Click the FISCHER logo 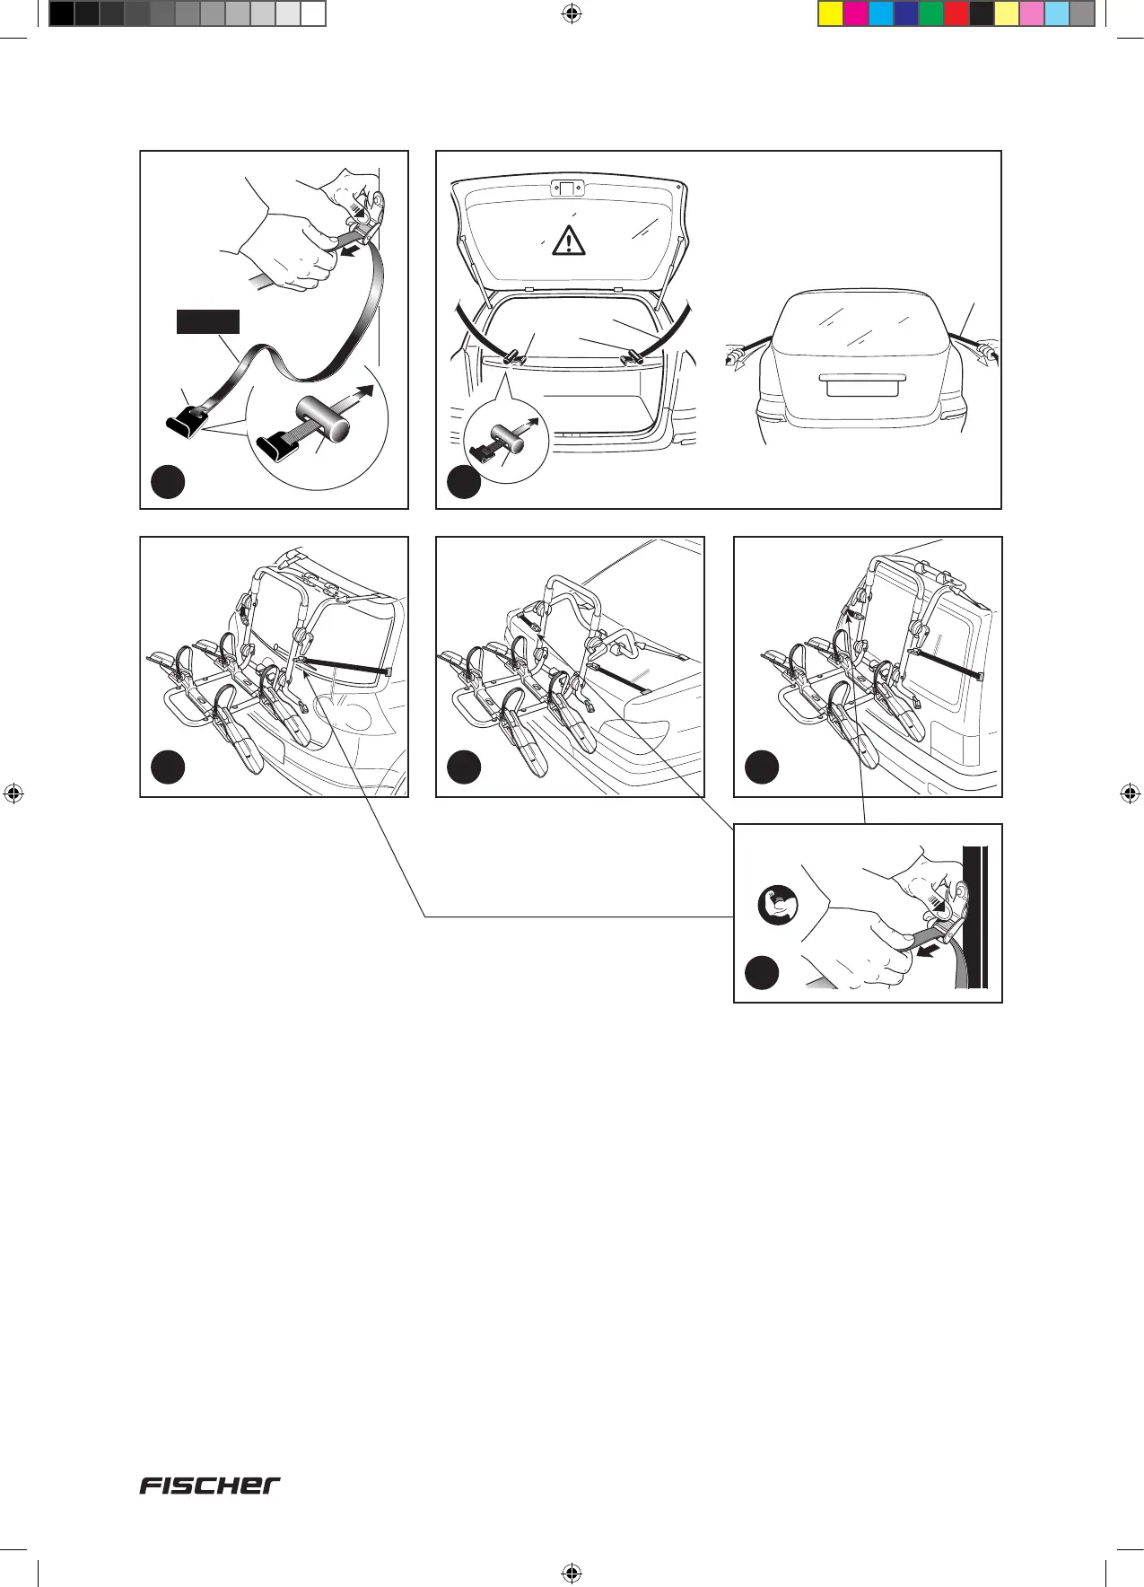(209, 1486)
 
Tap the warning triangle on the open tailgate (569, 241)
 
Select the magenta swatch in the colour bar (856, 13)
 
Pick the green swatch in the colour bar (931, 13)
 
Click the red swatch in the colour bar (956, 13)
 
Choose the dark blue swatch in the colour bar (906, 13)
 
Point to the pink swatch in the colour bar (1032, 13)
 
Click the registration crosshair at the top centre (572, 13)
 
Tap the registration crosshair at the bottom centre (572, 1574)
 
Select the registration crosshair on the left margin (13, 793)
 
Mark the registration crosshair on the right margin (1131, 793)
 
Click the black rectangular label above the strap (207, 321)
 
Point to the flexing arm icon (776, 905)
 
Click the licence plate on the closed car (861, 385)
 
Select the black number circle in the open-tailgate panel (464, 482)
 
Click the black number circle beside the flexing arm (762, 973)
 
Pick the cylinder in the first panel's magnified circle (324, 421)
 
